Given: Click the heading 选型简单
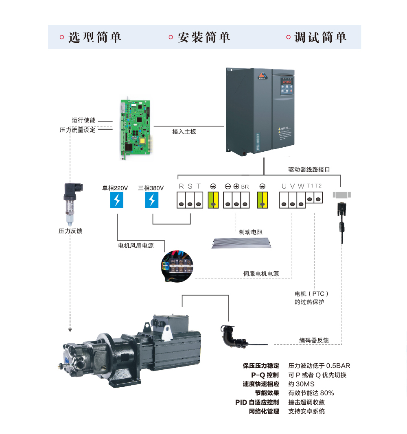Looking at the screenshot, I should pyautogui.click(x=95, y=37).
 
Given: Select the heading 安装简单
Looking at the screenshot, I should pyautogui.click(x=204, y=37).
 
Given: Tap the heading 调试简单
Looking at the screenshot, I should pyautogui.click(x=320, y=37).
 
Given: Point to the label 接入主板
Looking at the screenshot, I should pyautogui.click(x=184, y=132).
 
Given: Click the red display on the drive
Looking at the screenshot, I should pyautogui.click(x=289, y=81).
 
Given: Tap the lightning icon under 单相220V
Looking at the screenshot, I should pyautogui.click(x=117, y=200).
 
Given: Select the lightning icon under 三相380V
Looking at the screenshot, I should pyautogui.click(x=152, y=200).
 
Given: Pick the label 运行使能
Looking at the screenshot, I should pyautogui.click(x=83, y=120).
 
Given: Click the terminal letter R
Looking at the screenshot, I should pyautogui.click(x=182, y=186).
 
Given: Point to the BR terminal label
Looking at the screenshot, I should pyautogui.click(x=245, y=187).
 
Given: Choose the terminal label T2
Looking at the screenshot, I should pyautogui.click(x=318, y=186).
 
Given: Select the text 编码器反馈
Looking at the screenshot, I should pyautogui.click(x=314, y=340).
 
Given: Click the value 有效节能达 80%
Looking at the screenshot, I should pyautogui.click(x=311, y=393).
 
